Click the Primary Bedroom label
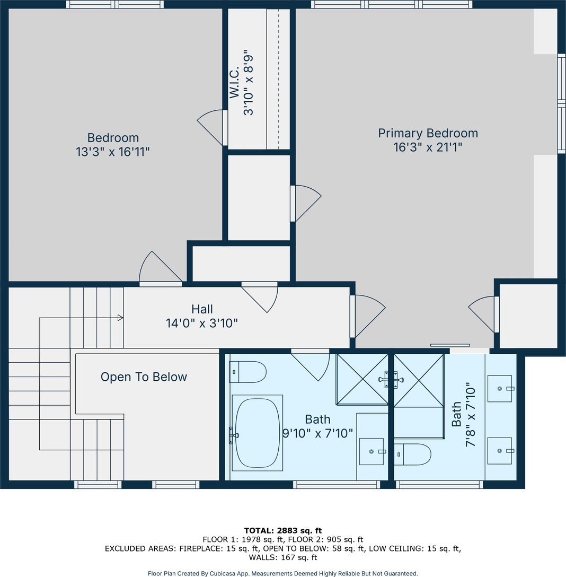[x=428, y=133]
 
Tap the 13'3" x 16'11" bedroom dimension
[x=113, y=152]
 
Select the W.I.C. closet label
[x=234, y=82]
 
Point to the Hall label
[x=202, y=309]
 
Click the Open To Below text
[x=144, y=377]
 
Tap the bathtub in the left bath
[x=257, y=433]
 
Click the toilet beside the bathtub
[x=248, y=372]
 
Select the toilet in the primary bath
[x=413, y=454]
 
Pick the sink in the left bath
[x=372, y=451]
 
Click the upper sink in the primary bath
[x=500, y=388]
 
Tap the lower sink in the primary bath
[x=500, y=451]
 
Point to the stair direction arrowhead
[x=120, y=318]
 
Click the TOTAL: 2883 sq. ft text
[x=283, y=530]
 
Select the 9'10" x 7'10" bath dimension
[x=317, y=433]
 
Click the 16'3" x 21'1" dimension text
[x=428, y=147]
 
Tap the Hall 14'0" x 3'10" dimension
[x=202, y=323]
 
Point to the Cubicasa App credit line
[x=283, y=573]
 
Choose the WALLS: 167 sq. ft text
[x=283, y=557]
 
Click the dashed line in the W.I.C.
[x=278, y=78]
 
